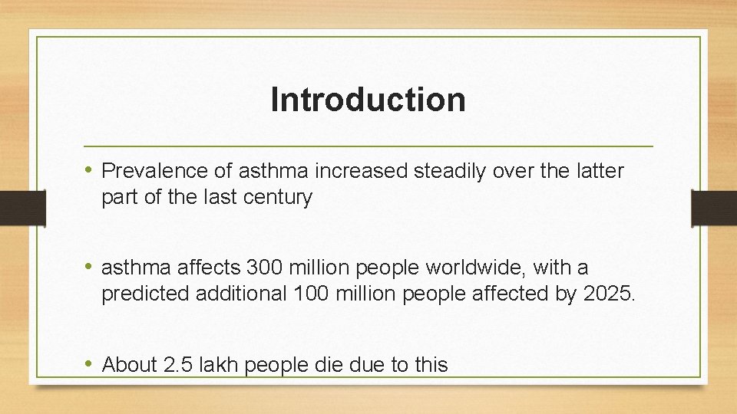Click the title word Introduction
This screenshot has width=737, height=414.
click(x=368, y=100)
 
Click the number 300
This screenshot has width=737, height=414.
click(x=264, y=268)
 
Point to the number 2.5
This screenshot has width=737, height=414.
click(x=178, y=365)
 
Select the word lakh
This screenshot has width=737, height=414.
click(x=219, y=365)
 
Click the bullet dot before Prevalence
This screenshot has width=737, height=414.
click(x=90, y=170)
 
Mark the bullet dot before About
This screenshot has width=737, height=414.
click(x=90, y=364)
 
